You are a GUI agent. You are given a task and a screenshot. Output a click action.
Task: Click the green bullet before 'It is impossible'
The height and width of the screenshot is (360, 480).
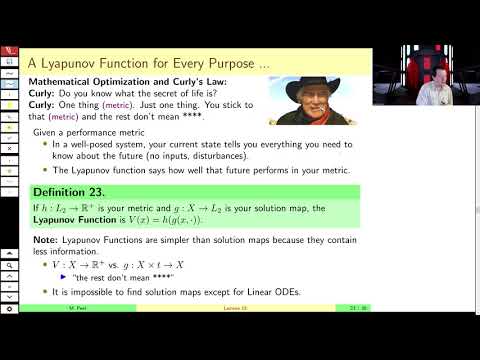[46, 292]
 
